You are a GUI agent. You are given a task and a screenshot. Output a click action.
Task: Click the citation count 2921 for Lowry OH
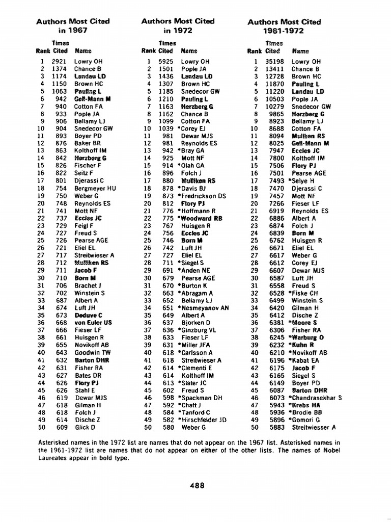tap(60, 62)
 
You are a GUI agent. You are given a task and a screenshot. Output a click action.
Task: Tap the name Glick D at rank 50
tap(85, 428)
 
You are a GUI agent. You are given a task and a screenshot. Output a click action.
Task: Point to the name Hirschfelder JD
tap(203, 420)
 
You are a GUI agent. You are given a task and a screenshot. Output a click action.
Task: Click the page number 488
tap(197, 486)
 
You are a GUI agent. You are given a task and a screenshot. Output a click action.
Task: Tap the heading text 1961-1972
tap(284, 31)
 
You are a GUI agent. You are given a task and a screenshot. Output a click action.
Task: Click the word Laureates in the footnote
tap(54, 457)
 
